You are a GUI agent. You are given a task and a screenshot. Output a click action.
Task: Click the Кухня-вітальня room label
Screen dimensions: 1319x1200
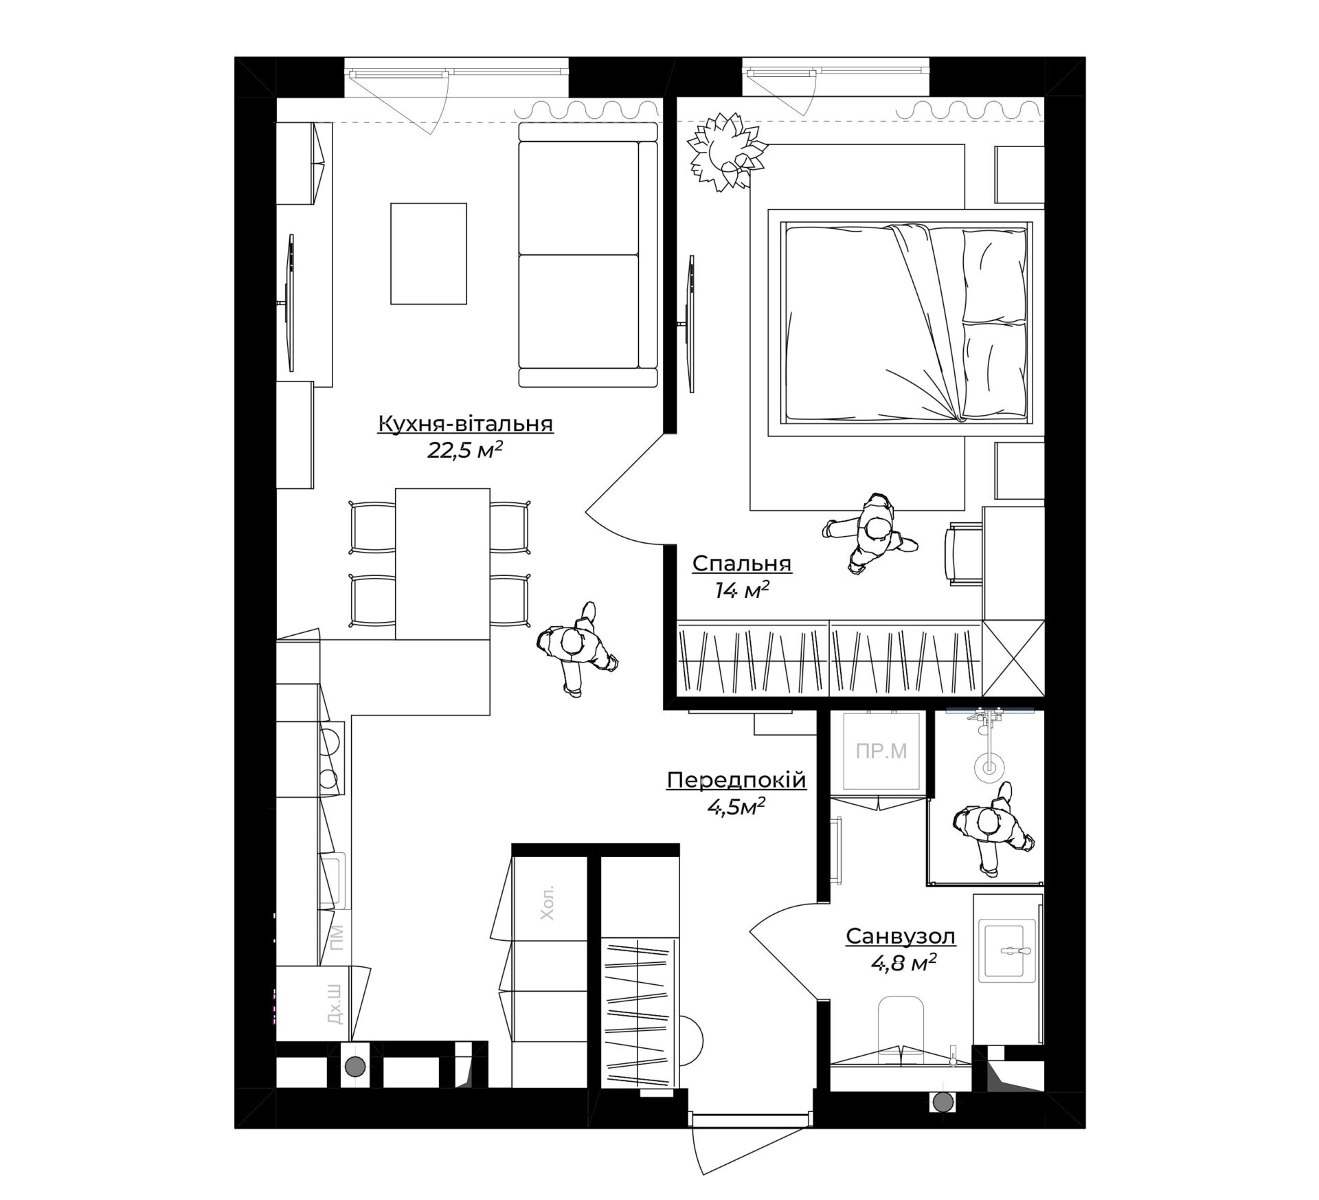465,424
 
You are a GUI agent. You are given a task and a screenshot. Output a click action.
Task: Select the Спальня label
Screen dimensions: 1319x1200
742,564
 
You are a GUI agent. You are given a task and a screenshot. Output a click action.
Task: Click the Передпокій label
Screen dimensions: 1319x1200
736,781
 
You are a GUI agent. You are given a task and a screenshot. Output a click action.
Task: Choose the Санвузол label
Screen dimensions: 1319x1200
901,936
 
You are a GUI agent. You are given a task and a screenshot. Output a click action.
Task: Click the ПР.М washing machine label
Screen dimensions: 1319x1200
881,751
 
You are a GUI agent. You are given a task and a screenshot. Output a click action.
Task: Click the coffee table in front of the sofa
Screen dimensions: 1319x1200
429,253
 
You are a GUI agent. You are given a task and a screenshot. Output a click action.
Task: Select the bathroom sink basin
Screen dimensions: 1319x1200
1008,952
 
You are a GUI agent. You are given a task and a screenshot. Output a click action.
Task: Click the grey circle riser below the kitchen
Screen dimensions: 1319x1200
355,1086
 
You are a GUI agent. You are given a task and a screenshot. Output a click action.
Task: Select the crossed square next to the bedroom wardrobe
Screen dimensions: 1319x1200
1013,658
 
